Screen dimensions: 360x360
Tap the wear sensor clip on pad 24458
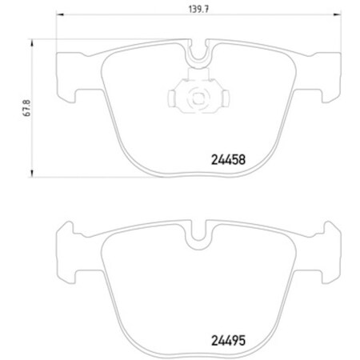[195, 97]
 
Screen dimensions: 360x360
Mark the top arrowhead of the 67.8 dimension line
[32, 39]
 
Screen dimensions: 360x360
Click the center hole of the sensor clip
[195, 98]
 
